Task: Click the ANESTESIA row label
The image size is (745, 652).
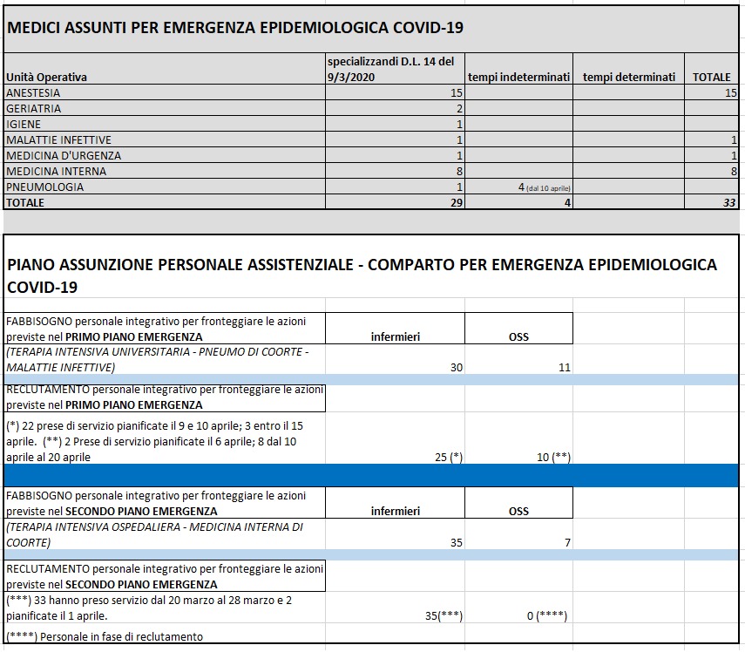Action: tap(32, 92)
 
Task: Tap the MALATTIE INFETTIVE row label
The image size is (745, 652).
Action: tap(58, 139)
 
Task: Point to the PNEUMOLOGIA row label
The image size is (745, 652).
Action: tap(44, 187)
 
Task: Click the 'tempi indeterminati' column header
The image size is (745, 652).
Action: tap(518, 77)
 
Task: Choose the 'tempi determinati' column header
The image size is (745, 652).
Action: tap(629, 77)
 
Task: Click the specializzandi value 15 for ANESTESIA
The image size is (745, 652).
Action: tap(456, 92)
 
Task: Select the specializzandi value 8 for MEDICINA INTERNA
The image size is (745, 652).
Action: tap(458, 171)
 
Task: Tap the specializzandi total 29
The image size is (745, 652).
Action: tap(456, 202)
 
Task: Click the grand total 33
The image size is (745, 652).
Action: tap(729, 202)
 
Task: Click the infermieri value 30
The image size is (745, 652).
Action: tap(456, 368)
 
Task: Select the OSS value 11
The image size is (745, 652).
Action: tap(564, 368)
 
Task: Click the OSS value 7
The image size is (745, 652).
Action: tap(567, 542)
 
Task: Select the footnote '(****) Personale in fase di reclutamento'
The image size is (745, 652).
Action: tap(104, 636)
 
